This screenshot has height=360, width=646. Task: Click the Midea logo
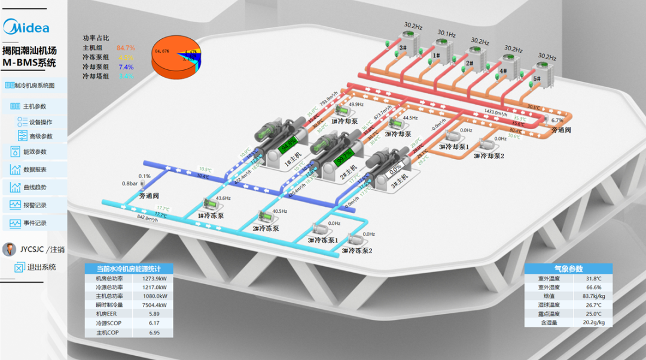click(27, 27)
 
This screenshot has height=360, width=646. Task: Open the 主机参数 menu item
click(34, 106)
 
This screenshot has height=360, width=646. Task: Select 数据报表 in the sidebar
click(34, 169)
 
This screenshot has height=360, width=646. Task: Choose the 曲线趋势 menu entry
click(34, 187)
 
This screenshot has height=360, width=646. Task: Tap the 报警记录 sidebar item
click(34, 205)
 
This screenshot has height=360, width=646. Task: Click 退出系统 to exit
click(41, 267)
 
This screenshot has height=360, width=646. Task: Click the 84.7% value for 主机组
click(126, 48)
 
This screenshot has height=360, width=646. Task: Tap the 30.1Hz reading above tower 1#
click(446, 33)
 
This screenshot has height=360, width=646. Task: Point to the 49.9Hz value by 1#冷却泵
click(356, 104)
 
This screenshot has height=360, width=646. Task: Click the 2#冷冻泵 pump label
click(266, 228)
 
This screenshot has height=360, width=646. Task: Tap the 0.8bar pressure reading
click(130, 184)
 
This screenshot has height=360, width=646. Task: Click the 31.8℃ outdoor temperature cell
click(593, 279)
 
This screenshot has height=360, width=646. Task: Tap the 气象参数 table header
click(568, 269)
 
